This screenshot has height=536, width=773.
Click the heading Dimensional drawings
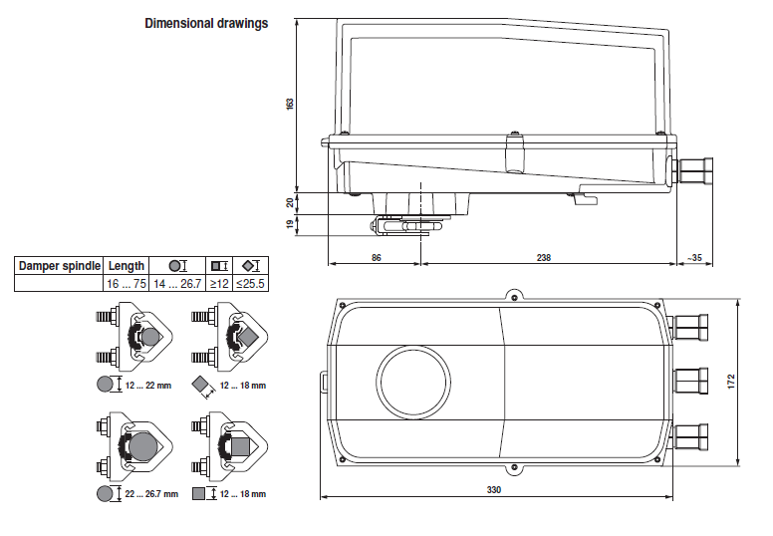coord(206,23)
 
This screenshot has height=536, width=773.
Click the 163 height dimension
coord(290,105)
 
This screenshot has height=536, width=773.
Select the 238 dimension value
coord(544,257)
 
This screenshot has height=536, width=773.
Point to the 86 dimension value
coord(376,257)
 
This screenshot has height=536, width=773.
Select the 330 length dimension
coord(494,489)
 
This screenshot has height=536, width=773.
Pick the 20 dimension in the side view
coord(290,202)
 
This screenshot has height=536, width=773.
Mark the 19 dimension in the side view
coord(290,225)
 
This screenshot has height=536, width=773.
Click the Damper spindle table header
coord(60,266)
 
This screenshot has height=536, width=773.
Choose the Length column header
coord(127,266)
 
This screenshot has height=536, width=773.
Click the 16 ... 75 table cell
coord(127,284)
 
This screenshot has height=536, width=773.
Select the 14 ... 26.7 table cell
coord(178,284)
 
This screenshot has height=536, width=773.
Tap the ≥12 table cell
coord(220,284)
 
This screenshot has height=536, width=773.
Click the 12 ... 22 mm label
coord(144,385)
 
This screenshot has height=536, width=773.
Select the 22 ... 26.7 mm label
coord(151,493)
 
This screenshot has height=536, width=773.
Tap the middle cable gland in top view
coord(691,381)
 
